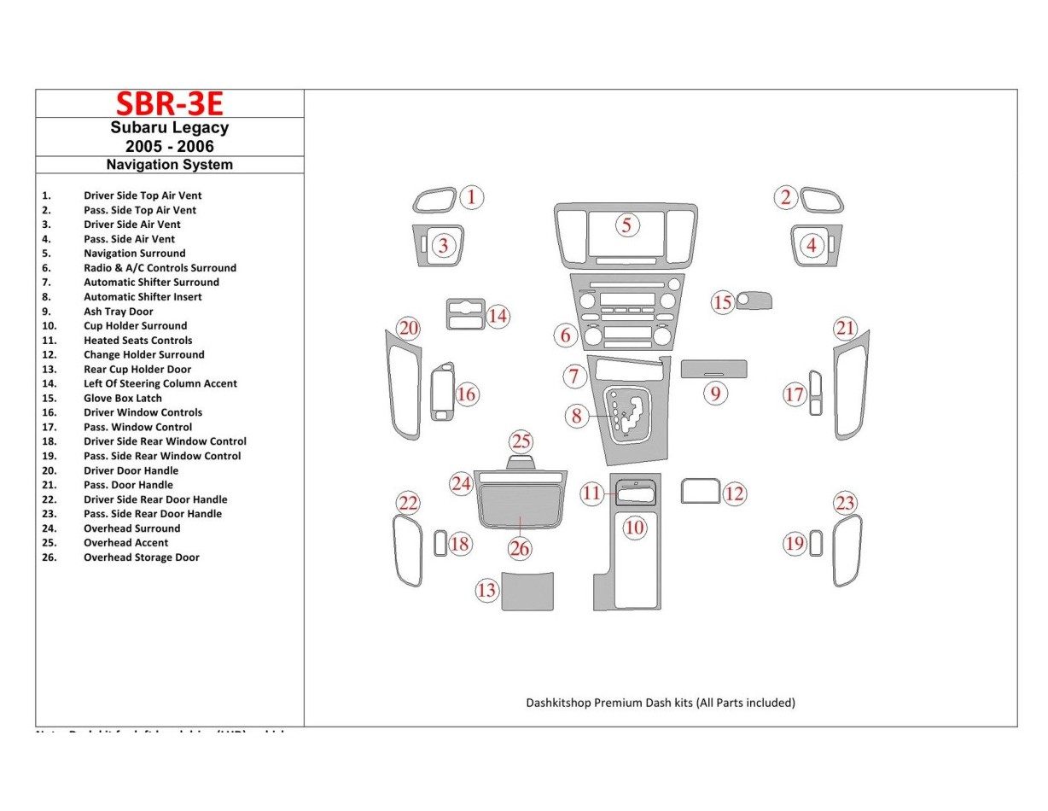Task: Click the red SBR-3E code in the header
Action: click(169, 103)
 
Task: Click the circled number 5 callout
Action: click(626, 225)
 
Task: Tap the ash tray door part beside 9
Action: click(714, 368)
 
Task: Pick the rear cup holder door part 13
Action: click(527, 592)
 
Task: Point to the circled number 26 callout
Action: click(520, 549)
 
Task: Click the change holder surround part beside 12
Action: click(700, 491)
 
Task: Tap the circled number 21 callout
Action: click(845, 328)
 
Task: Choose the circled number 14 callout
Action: click(498, 317)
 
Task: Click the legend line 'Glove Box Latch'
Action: click(122, 398)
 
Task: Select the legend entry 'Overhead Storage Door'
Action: click(141, 557)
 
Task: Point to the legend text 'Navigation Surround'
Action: click(134, 254)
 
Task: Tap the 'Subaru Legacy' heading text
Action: click(169, 128)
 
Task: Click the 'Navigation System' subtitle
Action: click(169, 165)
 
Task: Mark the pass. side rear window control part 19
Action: click(817, 544)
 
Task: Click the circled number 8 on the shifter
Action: click(577, 416)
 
